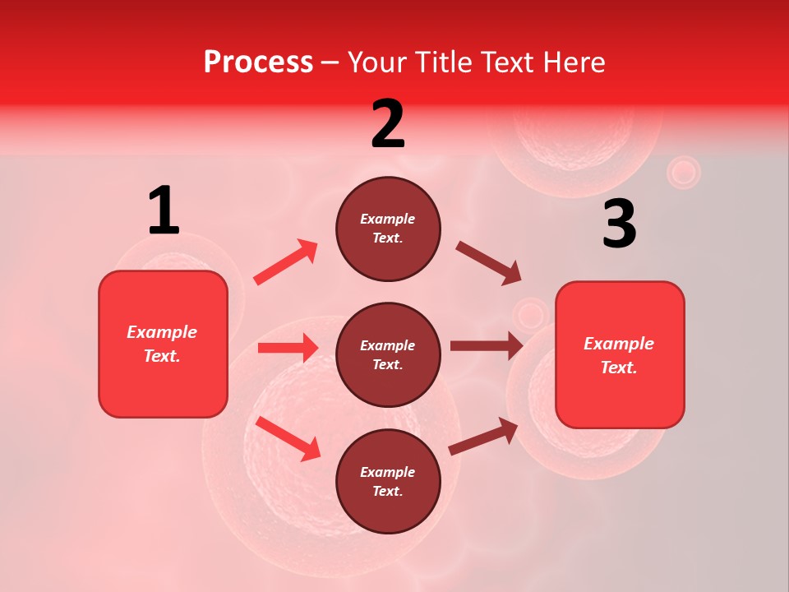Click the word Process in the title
[x=258, y=62]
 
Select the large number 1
[x=164, y=211]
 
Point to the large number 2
[x=388, y=124]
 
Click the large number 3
[x=619, y=224]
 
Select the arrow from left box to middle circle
[x=288, y=348]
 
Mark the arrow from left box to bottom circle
[x=288, y=438]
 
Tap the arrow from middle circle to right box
[x=486, y=345]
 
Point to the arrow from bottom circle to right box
[x=483, y=437]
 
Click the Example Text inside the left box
[x=162, y=344]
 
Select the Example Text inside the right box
[x=619, y=355]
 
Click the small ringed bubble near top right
[x=683, y=173]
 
